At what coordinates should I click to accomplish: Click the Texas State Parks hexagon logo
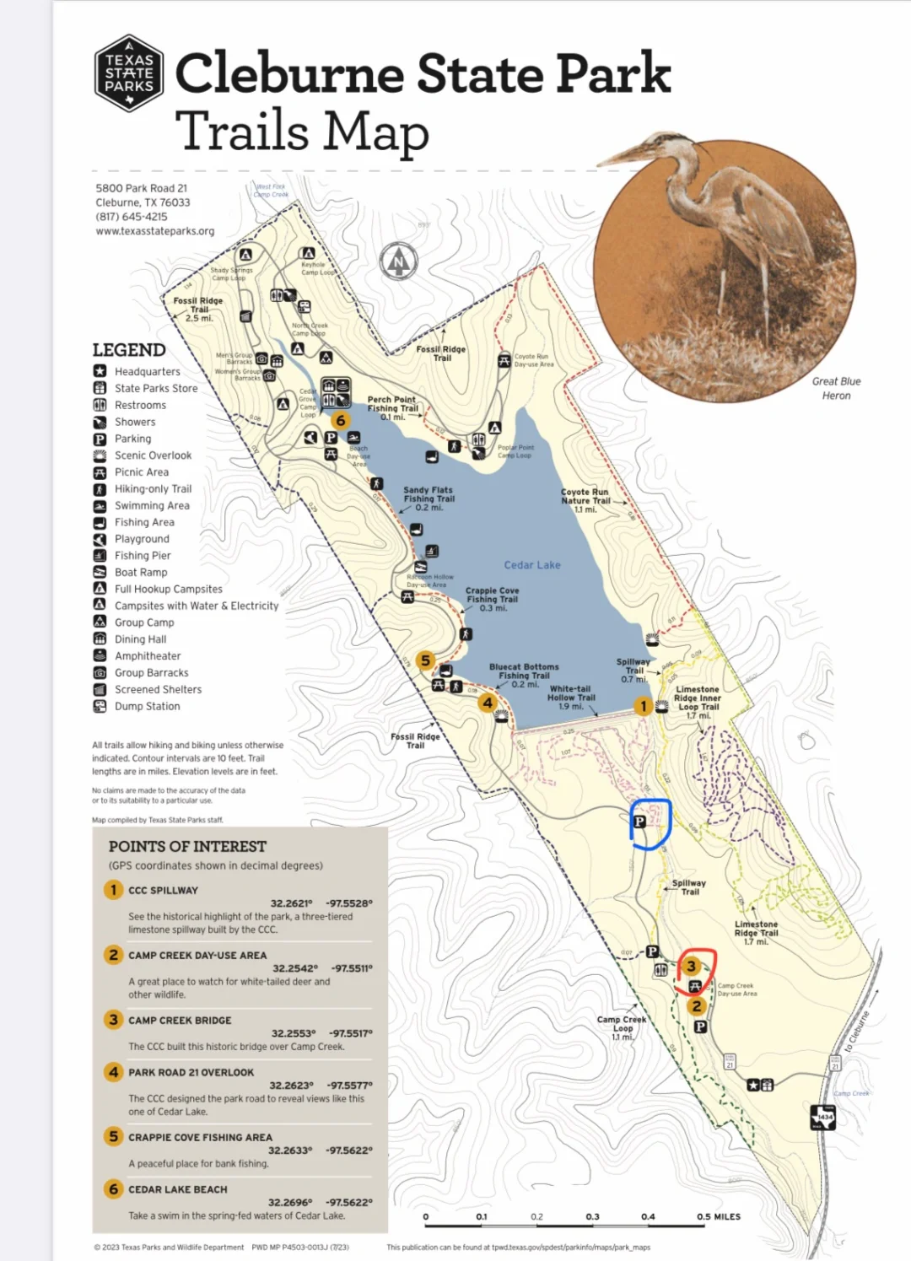click(x=129, y=73)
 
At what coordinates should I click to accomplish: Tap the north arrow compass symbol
click(x=398, y=261)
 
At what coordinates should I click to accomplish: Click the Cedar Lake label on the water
click(x=532, y=565)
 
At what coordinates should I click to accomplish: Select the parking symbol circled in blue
click(x=639, y=822)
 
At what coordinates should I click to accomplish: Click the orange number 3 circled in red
click(x=692, y=967)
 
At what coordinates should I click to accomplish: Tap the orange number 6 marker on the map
click(x=341, y=420)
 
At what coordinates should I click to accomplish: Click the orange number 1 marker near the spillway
click(x=644, y=706)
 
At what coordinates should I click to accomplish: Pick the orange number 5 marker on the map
click(x=425, y=660)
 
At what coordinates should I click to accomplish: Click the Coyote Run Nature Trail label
click(x=585, y=500)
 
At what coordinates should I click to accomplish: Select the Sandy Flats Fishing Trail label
click(x=429, y=498)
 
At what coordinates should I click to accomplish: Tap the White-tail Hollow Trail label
click(x=571, y=698)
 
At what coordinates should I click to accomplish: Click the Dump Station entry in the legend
click(x=147, y=706)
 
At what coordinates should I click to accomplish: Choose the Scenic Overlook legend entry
click(x=153, y=455)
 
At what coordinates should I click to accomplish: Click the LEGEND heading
click(x=129, y=350)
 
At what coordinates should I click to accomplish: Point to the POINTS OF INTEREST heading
click(x=187, y=846)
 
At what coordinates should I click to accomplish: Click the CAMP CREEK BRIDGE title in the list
click(x=180, y=1020)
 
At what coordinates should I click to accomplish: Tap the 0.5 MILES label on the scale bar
click(x=719, y=1216)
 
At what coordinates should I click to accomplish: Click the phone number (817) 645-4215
click(x=132, y=217)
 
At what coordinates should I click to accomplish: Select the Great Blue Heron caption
click(x=836, y=388)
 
